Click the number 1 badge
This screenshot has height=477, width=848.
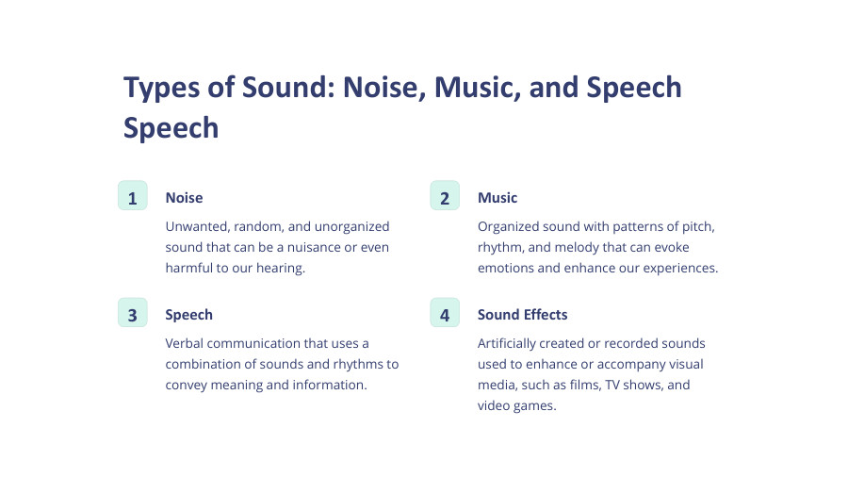132,196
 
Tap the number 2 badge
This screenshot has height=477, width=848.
445,196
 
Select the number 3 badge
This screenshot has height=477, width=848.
132,313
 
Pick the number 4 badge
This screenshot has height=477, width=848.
445,313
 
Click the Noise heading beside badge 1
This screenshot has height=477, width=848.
184,198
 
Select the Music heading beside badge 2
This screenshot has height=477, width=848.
497,198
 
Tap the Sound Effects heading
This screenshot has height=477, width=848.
522,315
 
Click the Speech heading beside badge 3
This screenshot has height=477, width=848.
188,315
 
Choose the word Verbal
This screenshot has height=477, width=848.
186,344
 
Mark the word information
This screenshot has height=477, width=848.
331,385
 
